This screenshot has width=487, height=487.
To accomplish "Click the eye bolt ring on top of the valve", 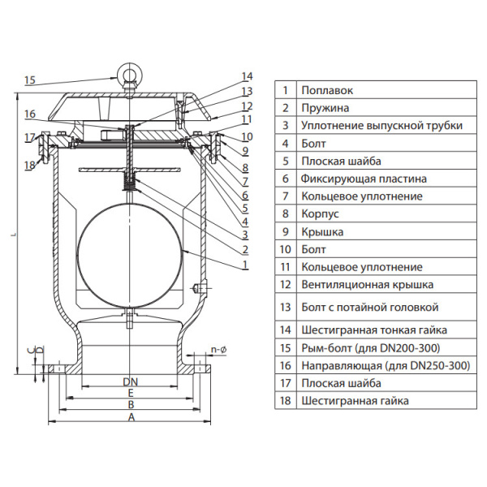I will coord(129,75).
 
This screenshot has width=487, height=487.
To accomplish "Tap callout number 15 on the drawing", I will coord(30,80).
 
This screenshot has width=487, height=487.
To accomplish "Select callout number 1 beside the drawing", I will coord(245,265).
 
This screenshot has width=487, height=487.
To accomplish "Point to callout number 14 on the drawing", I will coord(247,77).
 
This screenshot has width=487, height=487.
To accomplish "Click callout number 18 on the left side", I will coord(30,166).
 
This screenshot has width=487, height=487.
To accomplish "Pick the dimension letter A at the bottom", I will coord(130,417).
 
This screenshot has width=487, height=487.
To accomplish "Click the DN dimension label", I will coord(130,381).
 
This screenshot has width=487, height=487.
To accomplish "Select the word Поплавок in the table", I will coord(327,90).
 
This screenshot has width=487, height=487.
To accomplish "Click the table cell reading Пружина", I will coord(325,108).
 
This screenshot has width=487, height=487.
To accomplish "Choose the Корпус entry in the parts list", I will coord(320,214).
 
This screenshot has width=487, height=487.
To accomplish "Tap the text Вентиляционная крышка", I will coord(367,285).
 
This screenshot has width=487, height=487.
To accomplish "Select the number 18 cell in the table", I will coord(286,401).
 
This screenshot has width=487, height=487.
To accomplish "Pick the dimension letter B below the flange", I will coord(130,404).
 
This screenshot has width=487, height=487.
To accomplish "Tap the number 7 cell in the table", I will coord(286,196).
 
